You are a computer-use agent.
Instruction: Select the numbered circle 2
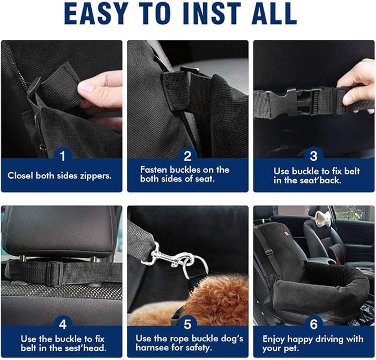click(x=188, y=156)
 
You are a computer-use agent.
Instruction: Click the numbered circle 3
click(x=313, y=156)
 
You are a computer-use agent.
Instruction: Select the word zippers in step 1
click(x=98, y=176)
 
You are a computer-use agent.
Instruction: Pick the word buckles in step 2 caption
click(x=192, y=169)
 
